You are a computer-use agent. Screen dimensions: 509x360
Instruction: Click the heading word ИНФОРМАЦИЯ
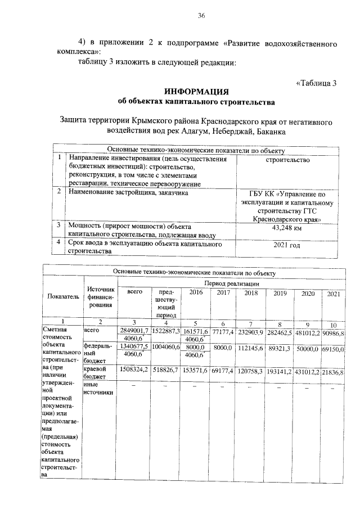196,92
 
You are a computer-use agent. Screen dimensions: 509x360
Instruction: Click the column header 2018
251,293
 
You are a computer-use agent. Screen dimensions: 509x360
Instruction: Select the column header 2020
308,294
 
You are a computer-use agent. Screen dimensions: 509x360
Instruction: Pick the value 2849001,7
133,330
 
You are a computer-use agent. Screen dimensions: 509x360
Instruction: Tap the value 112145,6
251,349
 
